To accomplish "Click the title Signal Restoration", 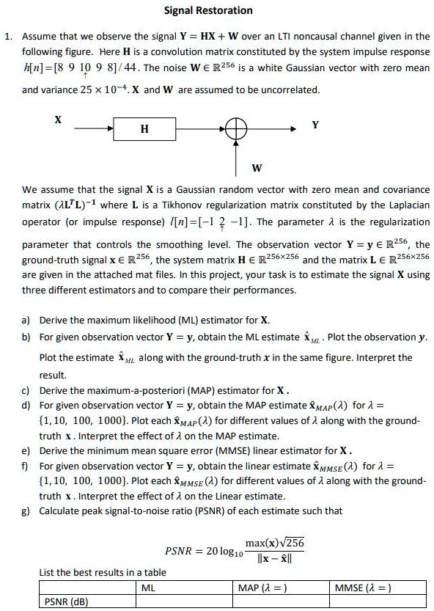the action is click(207, 10).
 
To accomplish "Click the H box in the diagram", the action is click(144, 128).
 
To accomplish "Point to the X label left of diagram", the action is click(58, 119).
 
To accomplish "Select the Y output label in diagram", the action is click(315, 125).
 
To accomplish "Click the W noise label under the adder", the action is click(257, 168).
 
